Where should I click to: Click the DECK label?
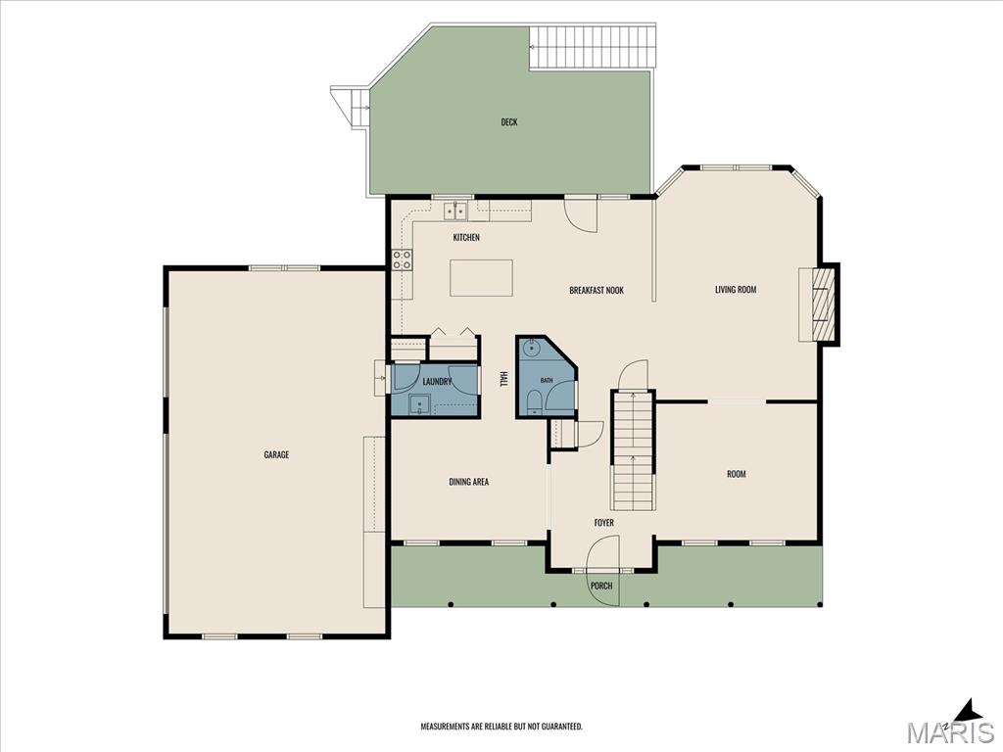point(509,122)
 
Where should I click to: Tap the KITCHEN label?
point(466,237)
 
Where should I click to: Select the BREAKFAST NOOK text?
point(597,290)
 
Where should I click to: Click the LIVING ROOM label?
point(736,290)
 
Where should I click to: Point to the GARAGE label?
point(276,454)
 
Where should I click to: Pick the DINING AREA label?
point(469,482)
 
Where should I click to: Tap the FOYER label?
point(603,523)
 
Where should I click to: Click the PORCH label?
point(601,586)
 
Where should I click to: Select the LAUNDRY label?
point(438,382)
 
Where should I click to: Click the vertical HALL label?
point(503,379)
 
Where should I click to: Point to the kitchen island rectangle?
point(481,277)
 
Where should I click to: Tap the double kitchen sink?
point(456,210)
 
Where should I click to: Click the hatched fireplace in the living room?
point(823,304)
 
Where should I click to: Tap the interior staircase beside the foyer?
point(634,449)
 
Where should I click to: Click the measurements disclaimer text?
point(501,727)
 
